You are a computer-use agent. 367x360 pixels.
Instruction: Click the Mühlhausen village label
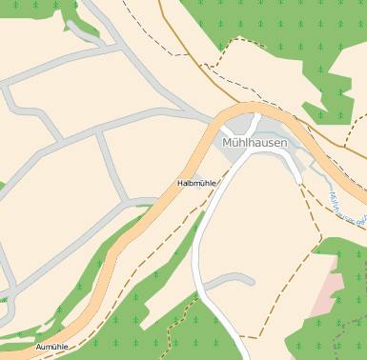pyautogui.click(x=254, y=142)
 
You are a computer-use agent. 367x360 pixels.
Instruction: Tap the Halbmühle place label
pyautogui.click(x=196, y=183)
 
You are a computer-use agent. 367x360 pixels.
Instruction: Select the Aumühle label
pyautogui.click(x=51, y=348)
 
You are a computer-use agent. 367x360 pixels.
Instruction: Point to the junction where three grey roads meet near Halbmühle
pyautogui.click(x=127, y=203)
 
